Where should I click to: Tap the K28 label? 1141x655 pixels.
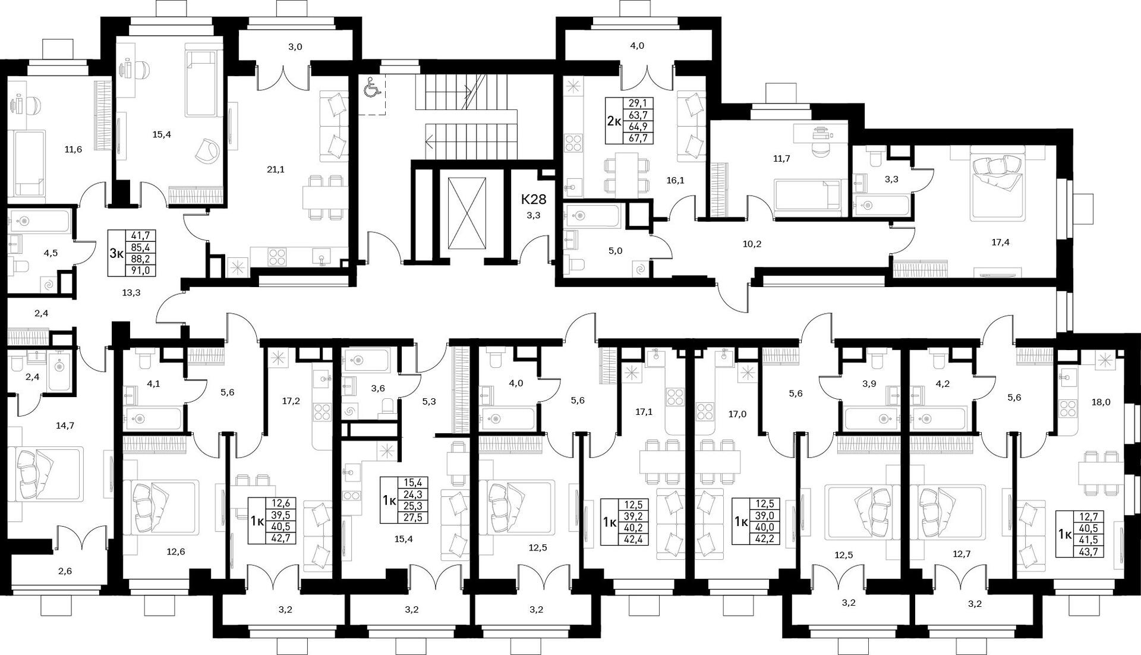click(534, 199)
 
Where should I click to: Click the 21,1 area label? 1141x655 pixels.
click(276, 169)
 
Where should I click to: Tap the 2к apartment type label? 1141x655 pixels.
click(614, 121)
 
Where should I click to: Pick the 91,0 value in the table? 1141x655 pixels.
click(140, 270)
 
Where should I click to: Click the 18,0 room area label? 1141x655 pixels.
click(1101, 402)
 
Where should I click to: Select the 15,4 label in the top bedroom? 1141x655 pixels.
click(162, 134)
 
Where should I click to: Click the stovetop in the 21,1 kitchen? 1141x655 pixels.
click(276, 256)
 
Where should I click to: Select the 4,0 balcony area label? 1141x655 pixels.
click(637, 45)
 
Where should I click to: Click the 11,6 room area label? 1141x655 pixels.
click(73, 149)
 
